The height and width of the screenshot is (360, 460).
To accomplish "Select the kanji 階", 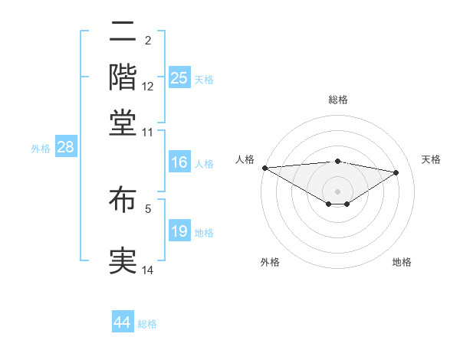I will [x=123, y=77].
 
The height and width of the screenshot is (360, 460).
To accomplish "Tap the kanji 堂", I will [x=123, y=122].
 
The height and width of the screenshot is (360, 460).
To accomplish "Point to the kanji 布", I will [x=123, y=201].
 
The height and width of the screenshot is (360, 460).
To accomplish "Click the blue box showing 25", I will [x=179, y=78].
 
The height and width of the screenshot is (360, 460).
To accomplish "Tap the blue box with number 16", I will [x=179, y=162].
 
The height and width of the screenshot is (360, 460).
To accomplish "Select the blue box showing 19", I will [x=179, y=232].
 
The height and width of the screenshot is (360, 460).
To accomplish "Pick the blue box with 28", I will [x=64, y=147].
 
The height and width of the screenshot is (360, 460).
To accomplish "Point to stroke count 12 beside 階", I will [x=148, y=87].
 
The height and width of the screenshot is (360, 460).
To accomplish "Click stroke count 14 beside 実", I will [x=148, y=270].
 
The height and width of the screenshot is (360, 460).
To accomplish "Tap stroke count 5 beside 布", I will [x=148, y=208].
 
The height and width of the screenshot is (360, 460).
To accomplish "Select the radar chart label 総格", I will [x=338, y=100].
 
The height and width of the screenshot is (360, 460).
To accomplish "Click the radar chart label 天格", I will [x=431, y=159].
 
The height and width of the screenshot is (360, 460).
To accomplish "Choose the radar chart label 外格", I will [x=270, y=263].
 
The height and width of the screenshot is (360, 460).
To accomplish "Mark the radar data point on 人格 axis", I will [x=264, y=168].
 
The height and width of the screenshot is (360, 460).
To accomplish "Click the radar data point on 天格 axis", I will [x=396, y=172].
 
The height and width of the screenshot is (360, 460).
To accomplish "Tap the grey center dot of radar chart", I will [x=338, y=191].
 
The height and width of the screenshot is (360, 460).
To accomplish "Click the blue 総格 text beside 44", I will [x=147, y=324].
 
